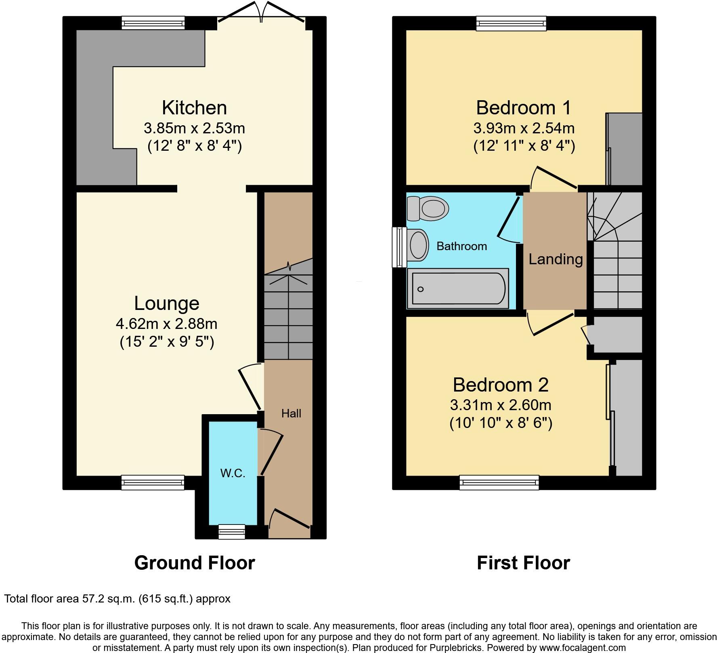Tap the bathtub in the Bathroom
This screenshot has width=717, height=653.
tap(458, 288)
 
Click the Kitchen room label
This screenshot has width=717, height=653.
tap(194, 108)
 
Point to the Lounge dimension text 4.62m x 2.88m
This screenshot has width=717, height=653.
tap(166, 324)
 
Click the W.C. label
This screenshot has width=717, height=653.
tap(233, 473)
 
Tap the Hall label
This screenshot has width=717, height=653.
tap(291, 413)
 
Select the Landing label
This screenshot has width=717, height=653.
tap(556, 259)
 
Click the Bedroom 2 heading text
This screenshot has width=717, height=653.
tap(501, 385)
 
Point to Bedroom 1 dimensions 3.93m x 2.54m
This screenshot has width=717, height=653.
tap(524, 128)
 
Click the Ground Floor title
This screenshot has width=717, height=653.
tap(194, 562)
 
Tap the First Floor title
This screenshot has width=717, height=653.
tap(523, 562)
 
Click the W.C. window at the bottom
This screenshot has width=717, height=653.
tap(232, 532)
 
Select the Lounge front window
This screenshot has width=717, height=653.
tap(153, 482)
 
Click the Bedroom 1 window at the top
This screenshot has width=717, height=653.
tap(511, 23)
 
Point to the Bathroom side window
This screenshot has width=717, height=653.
tap(399, 247)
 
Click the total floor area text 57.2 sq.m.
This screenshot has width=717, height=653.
tap(117, 598)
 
